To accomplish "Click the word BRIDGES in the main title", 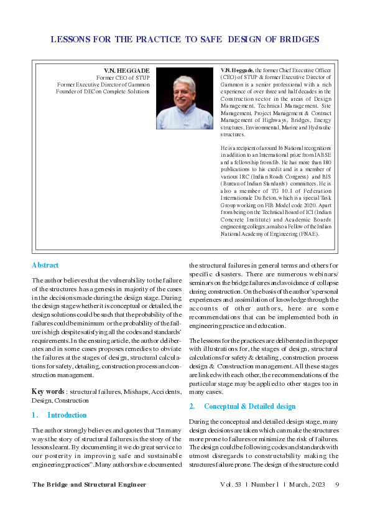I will tap(300, 39).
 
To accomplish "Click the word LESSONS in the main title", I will tap(68, 39).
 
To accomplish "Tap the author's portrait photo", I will tap(185, 98).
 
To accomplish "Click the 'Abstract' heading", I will tap(45, 265).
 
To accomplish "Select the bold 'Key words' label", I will tap(48, 391).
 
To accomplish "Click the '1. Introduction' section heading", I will tap(59, 415).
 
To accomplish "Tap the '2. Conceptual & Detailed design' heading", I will tap(242, 406).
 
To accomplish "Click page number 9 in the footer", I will tap(336, 485).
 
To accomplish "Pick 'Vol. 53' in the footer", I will tap(231, 485).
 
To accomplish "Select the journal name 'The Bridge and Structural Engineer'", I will tap(89, 485).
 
